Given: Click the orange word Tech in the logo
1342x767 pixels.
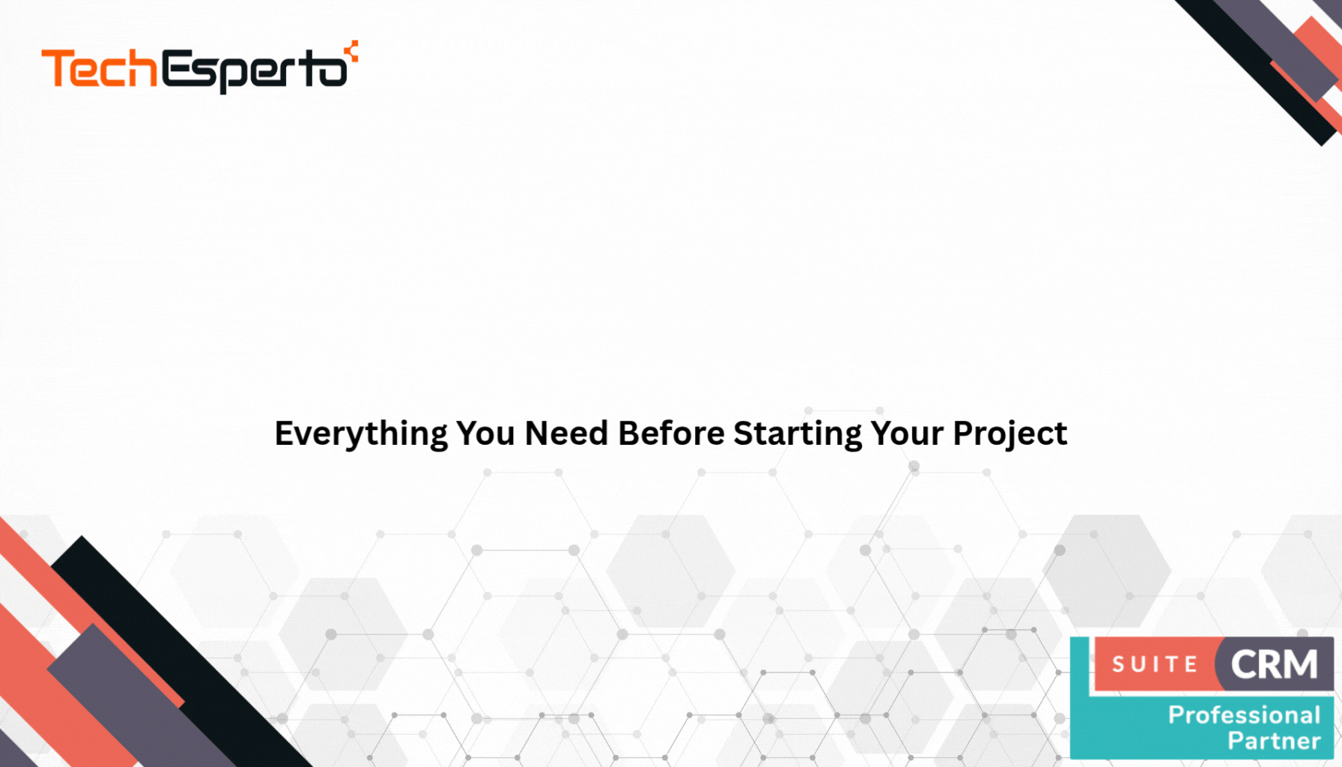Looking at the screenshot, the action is pyautogui.click(x=100, y=69).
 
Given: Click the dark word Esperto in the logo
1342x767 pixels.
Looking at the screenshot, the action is pyautogui.click(x=255, y=72).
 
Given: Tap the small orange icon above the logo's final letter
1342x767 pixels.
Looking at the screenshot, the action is pyautogui.click(x=351, y=51).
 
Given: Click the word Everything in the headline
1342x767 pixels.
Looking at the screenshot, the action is pyautogui.click(x=361, y=434).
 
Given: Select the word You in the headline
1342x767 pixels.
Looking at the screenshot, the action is pyautogui.click(x=485, y=434).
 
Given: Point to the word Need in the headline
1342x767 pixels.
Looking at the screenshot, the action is pyautogui.click(x=566, y=434).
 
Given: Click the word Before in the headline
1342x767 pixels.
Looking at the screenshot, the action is pyautogui.click(x=671, y=434).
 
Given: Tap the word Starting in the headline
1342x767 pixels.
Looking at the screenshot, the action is pyautogui.click(x=798, y=434).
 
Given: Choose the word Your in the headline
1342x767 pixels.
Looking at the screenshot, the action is pyautogui.click(x=906, y=434).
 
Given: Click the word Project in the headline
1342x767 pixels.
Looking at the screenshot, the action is pyautogui.click(x=1009, y=434).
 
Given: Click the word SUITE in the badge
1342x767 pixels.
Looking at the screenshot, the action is pyautogui.click(x=1155, y=664).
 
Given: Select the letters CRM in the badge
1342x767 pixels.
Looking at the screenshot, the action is pyautogui.click(x=1274, y=664).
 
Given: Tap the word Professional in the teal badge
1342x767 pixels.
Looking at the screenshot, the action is pyautogui.click(x=1244, y=715).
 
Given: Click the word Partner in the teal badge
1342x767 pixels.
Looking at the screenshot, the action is pyautogui.click(x=1274, y=742).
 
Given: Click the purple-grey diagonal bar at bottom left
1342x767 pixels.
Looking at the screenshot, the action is pyautogui.click(x=142, y=697).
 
